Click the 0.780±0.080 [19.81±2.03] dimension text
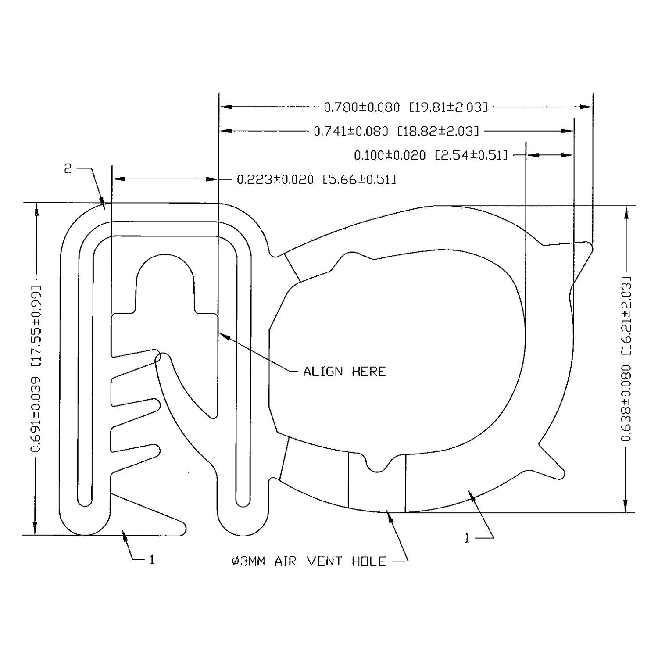tap(405, 107)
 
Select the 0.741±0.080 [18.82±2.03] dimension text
tap(396, 131)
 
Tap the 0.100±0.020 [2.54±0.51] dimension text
tap(431, 155)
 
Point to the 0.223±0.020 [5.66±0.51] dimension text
tap(316, 179)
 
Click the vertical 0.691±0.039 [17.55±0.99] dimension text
tap(36, 368)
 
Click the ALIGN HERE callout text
tap(344, 372)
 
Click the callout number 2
tap(68, 169)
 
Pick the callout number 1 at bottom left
tap(152, 560)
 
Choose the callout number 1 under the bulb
tap(467, 538)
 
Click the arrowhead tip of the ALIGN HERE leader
tap(220, 333)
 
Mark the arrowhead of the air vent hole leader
tap(387, 514)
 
